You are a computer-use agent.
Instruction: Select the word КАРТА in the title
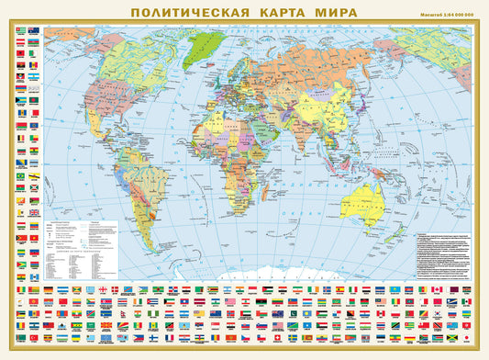click(x=276, y=13)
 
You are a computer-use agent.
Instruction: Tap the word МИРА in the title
click(x=340, y=13)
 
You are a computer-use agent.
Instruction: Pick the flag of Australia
click(x=34, y=30)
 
